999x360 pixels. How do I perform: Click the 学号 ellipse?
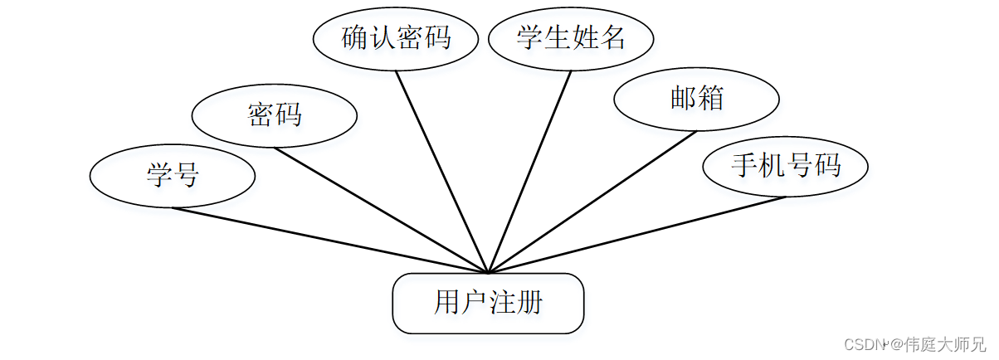[172, 176]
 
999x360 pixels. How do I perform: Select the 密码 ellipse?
[274, 115]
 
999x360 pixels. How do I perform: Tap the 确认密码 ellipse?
[396, 38]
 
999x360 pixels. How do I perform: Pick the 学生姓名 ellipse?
[571, 38]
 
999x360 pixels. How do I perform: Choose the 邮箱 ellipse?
[696, 99]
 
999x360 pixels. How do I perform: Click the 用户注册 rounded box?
[488, 303]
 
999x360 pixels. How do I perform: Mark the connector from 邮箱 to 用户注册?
[592, 202]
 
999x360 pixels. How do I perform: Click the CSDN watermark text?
[862, 343]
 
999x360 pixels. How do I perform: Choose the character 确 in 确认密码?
[355, 38]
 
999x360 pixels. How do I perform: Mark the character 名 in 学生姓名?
[612, 38]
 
